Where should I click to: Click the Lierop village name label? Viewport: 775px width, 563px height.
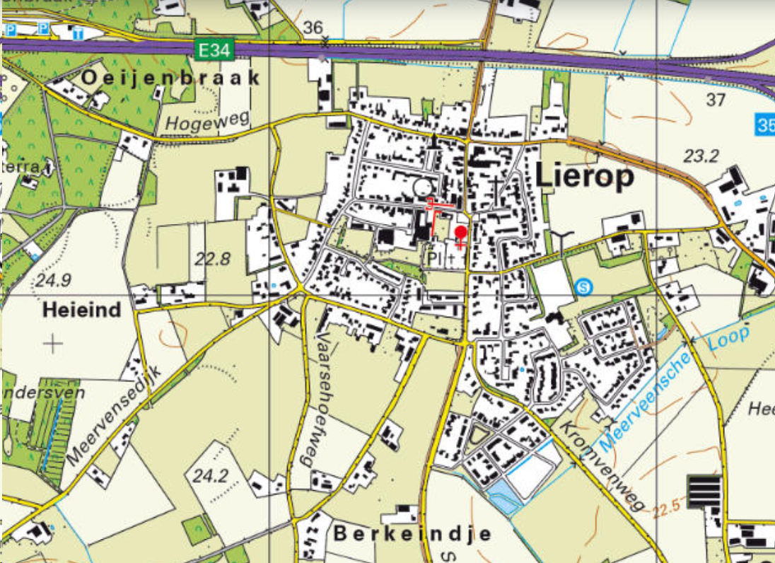pos(585,178)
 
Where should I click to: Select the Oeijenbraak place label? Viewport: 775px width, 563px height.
pos(171,79)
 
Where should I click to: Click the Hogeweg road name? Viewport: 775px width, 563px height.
pos(207,122)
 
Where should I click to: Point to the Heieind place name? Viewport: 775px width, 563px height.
pos(82,310)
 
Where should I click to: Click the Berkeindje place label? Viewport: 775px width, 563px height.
pos(412,533)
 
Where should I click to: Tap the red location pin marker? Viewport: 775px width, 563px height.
pos(460,233)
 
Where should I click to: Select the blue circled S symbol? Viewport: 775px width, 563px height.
pos(582,286)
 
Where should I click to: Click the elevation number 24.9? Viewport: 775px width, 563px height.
pos(54,280)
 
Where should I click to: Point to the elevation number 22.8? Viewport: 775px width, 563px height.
pos(213,259)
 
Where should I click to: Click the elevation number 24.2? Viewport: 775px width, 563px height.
pos(210,475)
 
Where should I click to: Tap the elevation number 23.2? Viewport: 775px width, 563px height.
pos(701,156)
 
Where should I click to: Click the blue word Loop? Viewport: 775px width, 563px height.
pos(728,339)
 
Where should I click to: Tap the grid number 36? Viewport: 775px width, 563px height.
pos(313,28)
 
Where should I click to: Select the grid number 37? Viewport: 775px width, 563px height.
pos(716,100)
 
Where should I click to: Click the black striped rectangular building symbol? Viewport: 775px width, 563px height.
pos(704,492)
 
